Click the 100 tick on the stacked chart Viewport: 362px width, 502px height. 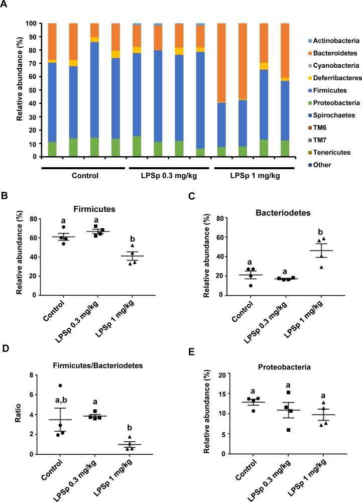point(41,23)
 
